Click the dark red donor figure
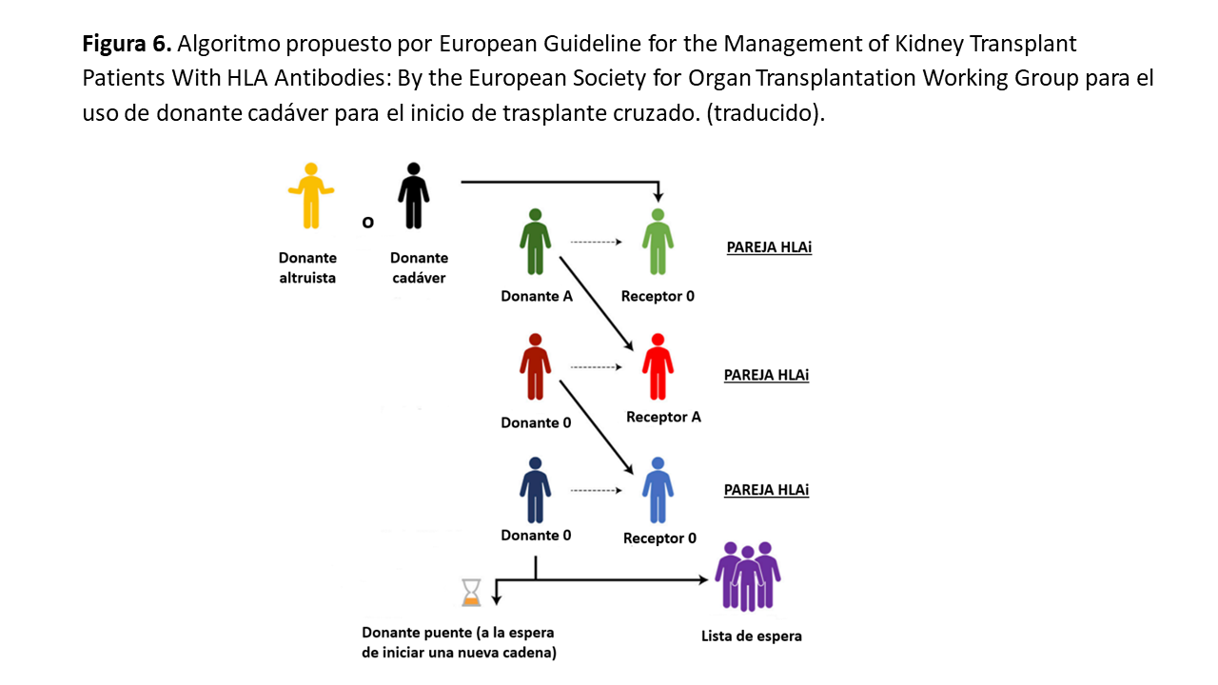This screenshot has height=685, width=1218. tap(535, 367)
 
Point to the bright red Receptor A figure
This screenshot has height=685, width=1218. tap(658, 367)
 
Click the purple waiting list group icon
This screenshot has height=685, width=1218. tap(748, 576)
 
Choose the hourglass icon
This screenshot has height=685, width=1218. tap(471, 593)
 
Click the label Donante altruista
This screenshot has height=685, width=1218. tap(307, 268)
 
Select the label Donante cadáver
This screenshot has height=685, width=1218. tap(419, 268)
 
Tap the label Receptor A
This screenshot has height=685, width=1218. tap(663, 417)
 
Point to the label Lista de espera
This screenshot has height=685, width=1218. tap(751, 636)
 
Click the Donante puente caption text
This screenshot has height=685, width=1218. tap(459, 642)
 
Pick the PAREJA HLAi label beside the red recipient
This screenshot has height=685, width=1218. tap(766, 375)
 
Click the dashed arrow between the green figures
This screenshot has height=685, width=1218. tap(596, 243)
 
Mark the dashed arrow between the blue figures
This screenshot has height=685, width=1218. tap(596, 490)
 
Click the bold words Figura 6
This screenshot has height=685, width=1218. tap(126, 44)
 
